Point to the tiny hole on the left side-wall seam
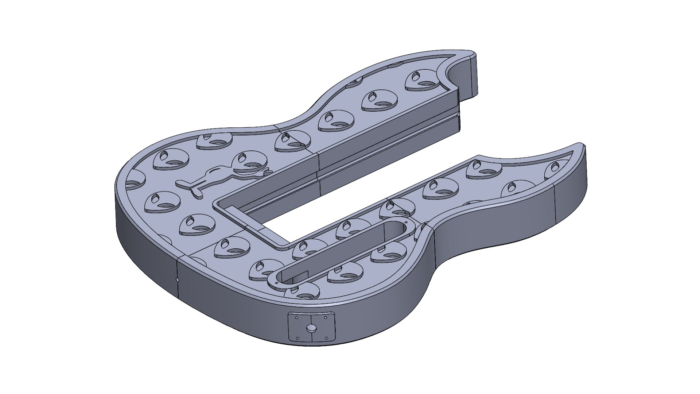(x=177, y=280)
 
